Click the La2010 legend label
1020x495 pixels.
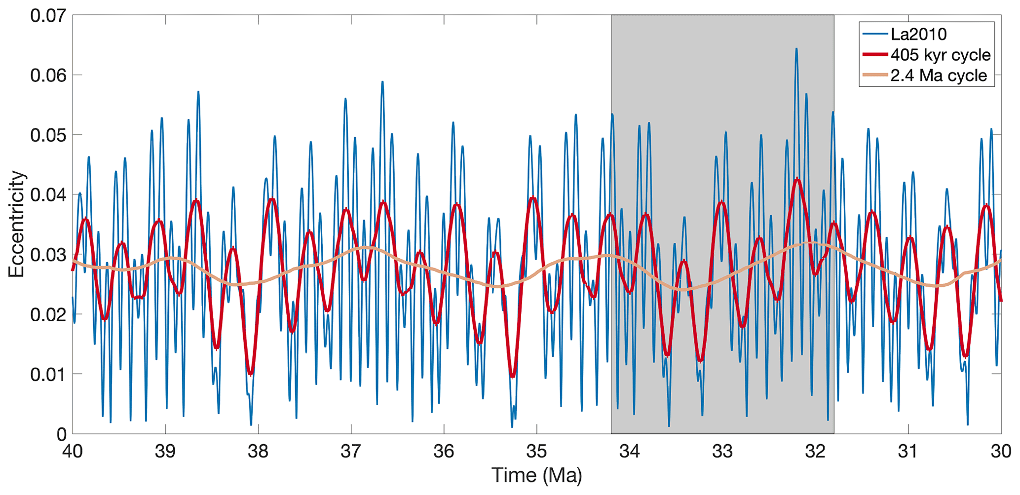918,34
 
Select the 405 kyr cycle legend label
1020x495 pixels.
941,55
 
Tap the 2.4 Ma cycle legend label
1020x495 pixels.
939,76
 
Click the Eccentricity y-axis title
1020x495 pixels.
16,224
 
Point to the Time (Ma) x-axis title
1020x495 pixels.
536,475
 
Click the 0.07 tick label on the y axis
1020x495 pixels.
48,15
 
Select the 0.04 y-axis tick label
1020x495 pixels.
48,195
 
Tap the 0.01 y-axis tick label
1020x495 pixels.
48,375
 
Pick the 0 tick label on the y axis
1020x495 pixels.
61,434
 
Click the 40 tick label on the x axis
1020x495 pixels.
73,452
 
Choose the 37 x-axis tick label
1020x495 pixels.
351,452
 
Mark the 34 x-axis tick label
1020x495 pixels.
630,452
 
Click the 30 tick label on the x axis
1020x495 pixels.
1001,452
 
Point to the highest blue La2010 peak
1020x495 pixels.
796,49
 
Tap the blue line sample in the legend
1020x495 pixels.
875,34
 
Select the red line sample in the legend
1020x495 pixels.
875,55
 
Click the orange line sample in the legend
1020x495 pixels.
875,76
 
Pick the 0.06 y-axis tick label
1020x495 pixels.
48,75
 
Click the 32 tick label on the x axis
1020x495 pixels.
815,452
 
